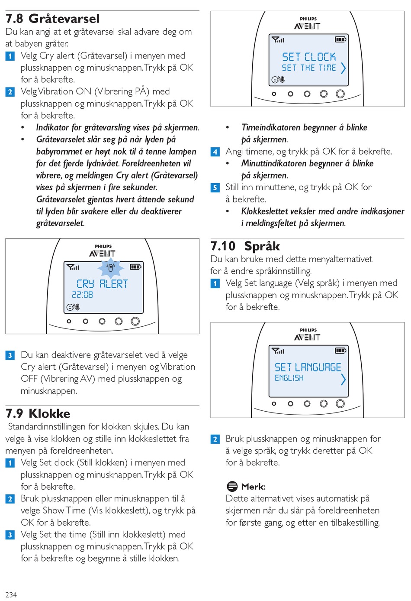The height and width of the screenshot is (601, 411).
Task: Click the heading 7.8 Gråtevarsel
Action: click(x=52, y=19)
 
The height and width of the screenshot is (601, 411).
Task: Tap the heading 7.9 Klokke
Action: click(x=38, y=413)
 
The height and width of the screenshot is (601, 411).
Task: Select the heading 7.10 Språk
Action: click(x=245, y=246)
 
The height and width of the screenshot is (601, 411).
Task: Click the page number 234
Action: click(x=11, y=595)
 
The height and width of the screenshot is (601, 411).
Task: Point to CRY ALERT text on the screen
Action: click(x=102, y=284)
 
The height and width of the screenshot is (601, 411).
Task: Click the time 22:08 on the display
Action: click(x=82, y=295)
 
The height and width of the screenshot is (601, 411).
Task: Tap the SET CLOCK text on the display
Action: click(x=309, y=57)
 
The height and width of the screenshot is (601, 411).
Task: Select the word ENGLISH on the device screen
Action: click(x=289, y=378)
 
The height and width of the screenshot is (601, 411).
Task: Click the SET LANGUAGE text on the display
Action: click(x=308, y=367)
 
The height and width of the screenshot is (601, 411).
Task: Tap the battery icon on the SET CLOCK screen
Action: click(x=340, y=39)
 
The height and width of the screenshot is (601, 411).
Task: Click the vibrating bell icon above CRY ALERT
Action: click(x=111, y=267)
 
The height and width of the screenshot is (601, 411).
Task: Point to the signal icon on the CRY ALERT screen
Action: click(x=73, y=267)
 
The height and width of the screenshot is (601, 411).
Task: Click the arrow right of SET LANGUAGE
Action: click(x=343, y=379)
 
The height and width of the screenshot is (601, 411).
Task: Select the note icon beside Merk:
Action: click(x=232, y=486)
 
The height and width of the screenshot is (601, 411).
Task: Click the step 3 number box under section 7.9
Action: click(x=10, y=535)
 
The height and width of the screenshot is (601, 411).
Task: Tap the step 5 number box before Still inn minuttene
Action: click(x=215, y=188)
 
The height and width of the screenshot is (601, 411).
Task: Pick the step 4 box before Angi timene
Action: click(x=215, y=152)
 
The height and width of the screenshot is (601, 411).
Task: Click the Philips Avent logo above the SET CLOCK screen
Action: click(x=308, y=23)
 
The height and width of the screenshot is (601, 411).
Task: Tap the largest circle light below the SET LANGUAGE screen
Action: click(x=340, y=404)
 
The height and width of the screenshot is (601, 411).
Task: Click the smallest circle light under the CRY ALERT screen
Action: click(x=69, y=322)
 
